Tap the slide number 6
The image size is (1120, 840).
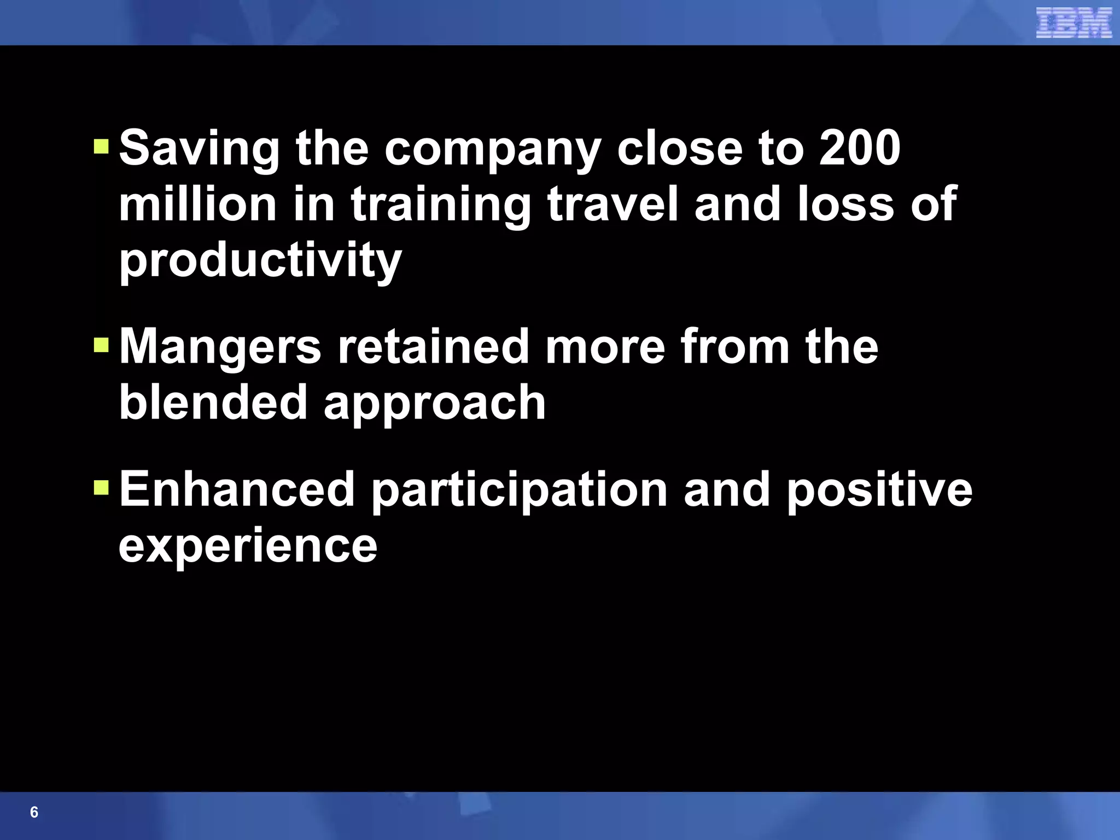click(x=34, y=812)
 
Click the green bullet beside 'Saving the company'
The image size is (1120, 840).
click(x=102, y=146)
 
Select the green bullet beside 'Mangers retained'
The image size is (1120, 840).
click(x=102, y=345)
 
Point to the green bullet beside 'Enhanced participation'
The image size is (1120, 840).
click(x=102, y=487)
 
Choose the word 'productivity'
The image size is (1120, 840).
click(x=260, y=261)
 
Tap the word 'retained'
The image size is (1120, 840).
click(x=433, y=347)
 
